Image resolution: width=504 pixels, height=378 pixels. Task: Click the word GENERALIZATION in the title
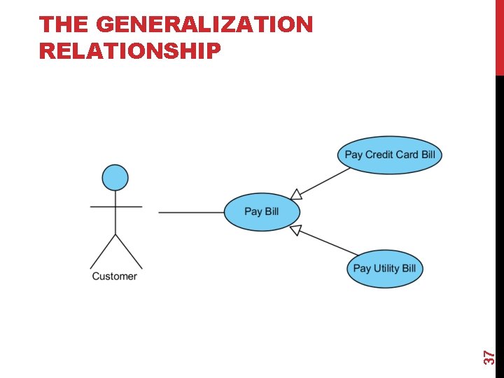[x=204, y=25]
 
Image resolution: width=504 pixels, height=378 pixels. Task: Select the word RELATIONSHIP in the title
[x=130, y=50]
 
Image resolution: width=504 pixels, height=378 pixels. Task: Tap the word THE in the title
[x=63, y=25]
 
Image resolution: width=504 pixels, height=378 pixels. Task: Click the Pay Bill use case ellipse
[x=262, y=211]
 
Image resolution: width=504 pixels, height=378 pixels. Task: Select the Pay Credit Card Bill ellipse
[x=389, y=155]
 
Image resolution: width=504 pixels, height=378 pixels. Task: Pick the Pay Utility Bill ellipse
[x=384, y=268]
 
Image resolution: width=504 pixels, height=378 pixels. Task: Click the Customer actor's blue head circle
[x=115, y=178]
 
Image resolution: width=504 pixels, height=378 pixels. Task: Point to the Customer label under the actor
[x=115, y=276]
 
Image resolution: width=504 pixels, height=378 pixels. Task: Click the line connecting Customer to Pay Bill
[x=190, y=212]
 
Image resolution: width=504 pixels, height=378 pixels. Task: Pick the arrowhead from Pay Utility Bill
[x=295, y=230]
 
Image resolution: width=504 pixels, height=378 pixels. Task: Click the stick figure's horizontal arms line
[x=115, y=206]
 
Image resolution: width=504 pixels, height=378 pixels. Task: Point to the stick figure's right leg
[x=129, y=251]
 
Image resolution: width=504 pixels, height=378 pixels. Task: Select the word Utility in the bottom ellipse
[x=386, y=268]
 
